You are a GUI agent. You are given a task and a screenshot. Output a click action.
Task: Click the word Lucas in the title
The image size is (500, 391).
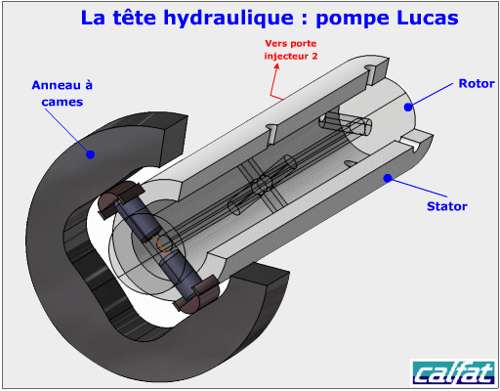pos(428,18)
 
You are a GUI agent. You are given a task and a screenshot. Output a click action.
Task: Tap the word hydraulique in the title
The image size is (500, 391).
pos(229,20)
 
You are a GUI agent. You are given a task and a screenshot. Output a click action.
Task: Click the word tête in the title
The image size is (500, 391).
pos(134,18)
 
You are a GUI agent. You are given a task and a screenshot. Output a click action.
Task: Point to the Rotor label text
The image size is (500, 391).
pos(477,83)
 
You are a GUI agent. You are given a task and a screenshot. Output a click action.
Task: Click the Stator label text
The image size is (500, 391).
pos(447,206)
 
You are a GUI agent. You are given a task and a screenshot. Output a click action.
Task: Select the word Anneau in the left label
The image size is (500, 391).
pos(56,85)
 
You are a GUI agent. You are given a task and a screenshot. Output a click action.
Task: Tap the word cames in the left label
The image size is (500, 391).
pos(62,102)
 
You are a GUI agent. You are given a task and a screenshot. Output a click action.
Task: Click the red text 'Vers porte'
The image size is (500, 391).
pos(290,43)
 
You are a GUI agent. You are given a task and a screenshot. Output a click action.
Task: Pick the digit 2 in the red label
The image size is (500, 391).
pos(314,56)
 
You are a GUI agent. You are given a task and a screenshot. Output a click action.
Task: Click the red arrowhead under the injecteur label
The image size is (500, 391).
pos(276,66)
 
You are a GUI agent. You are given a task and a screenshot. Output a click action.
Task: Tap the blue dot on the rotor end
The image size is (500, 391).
pos(408,107)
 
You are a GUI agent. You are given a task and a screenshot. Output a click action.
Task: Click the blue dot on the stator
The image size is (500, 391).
pos(388,178)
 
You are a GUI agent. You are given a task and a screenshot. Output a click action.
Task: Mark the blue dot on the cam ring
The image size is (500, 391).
pos(90,154)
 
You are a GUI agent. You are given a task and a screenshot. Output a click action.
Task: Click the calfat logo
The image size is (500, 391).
pos(454,372)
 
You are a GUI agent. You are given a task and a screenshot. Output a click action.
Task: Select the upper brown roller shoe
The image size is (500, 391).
pos(121,197)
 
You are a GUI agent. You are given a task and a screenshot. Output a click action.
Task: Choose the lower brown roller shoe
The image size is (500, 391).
pos(195,294)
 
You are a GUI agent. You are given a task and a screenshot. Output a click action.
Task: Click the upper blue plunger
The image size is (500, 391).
pos(137,220)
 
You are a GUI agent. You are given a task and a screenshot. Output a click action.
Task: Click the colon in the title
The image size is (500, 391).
pos(305,20)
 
